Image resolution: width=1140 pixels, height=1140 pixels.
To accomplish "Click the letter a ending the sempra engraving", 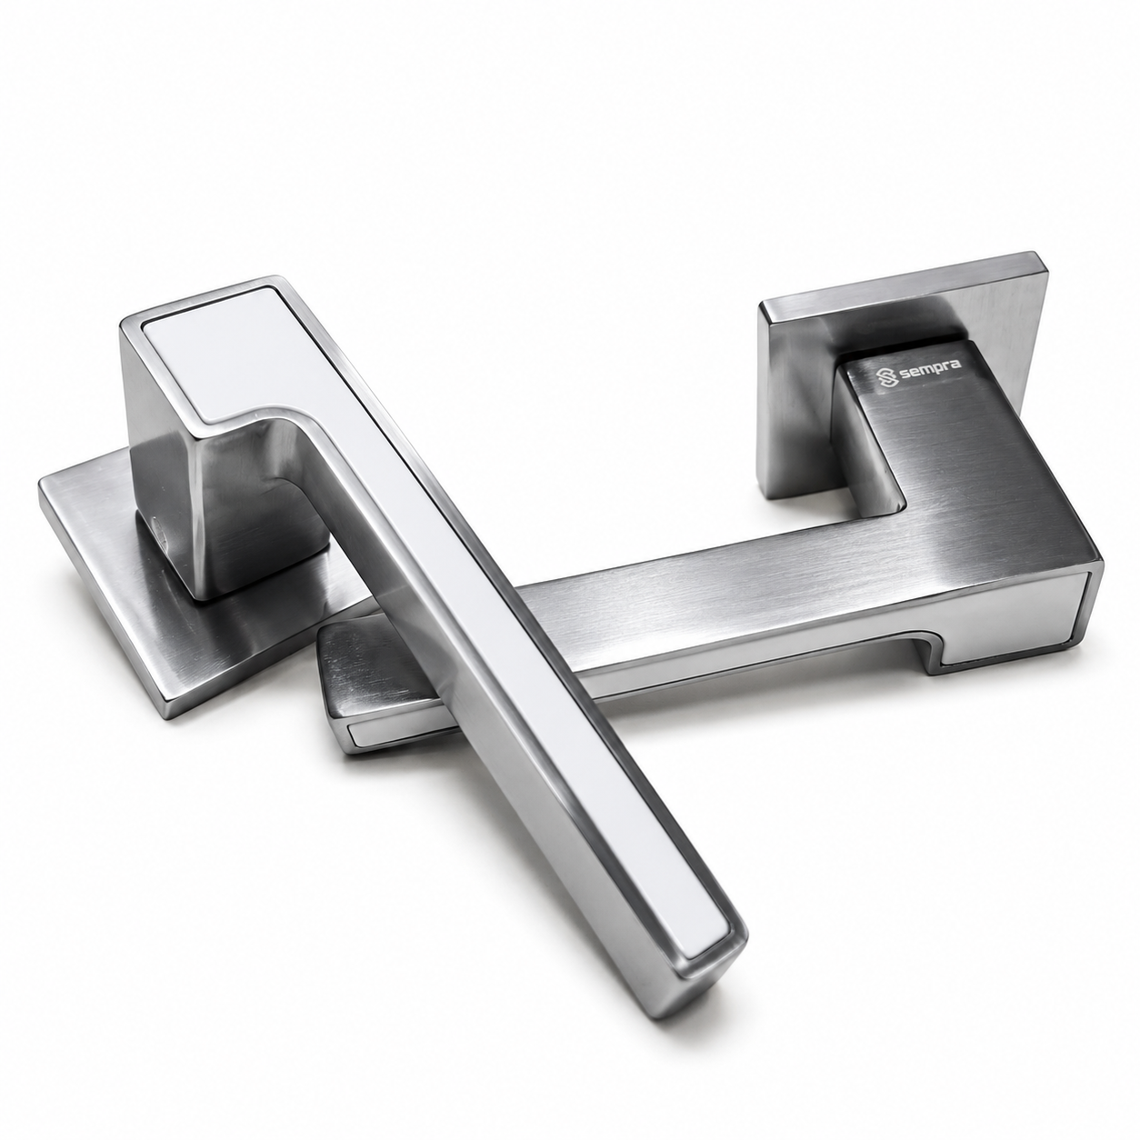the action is [x=955, y=365].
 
